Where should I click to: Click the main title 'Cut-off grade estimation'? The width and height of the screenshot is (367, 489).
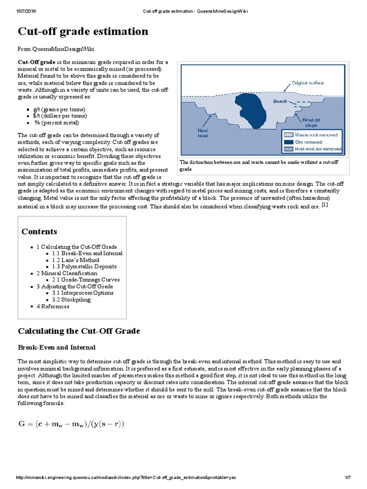pyautogui.click(x=83, y=32)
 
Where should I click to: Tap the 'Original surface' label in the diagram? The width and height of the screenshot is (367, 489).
pyautogui.click(x=308, y=83)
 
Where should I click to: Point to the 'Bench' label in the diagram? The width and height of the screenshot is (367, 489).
pyautogui.click(x=280, y=101)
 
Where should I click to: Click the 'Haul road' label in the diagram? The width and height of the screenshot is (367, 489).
pyautogui.click(x=203, y=132)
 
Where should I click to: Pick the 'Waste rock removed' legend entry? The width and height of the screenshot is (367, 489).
pyautogui.click(x=315, y=135)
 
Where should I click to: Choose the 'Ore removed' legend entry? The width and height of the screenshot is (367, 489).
pyautogui.click(x=308, y=142)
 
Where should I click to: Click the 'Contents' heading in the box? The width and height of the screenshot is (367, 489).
pyautogui.click(x=39, y=232)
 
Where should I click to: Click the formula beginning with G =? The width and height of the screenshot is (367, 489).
pyautogui.click(x=70, y=423)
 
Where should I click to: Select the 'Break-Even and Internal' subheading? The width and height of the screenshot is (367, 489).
pyautogui.click(x=56, y=347)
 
